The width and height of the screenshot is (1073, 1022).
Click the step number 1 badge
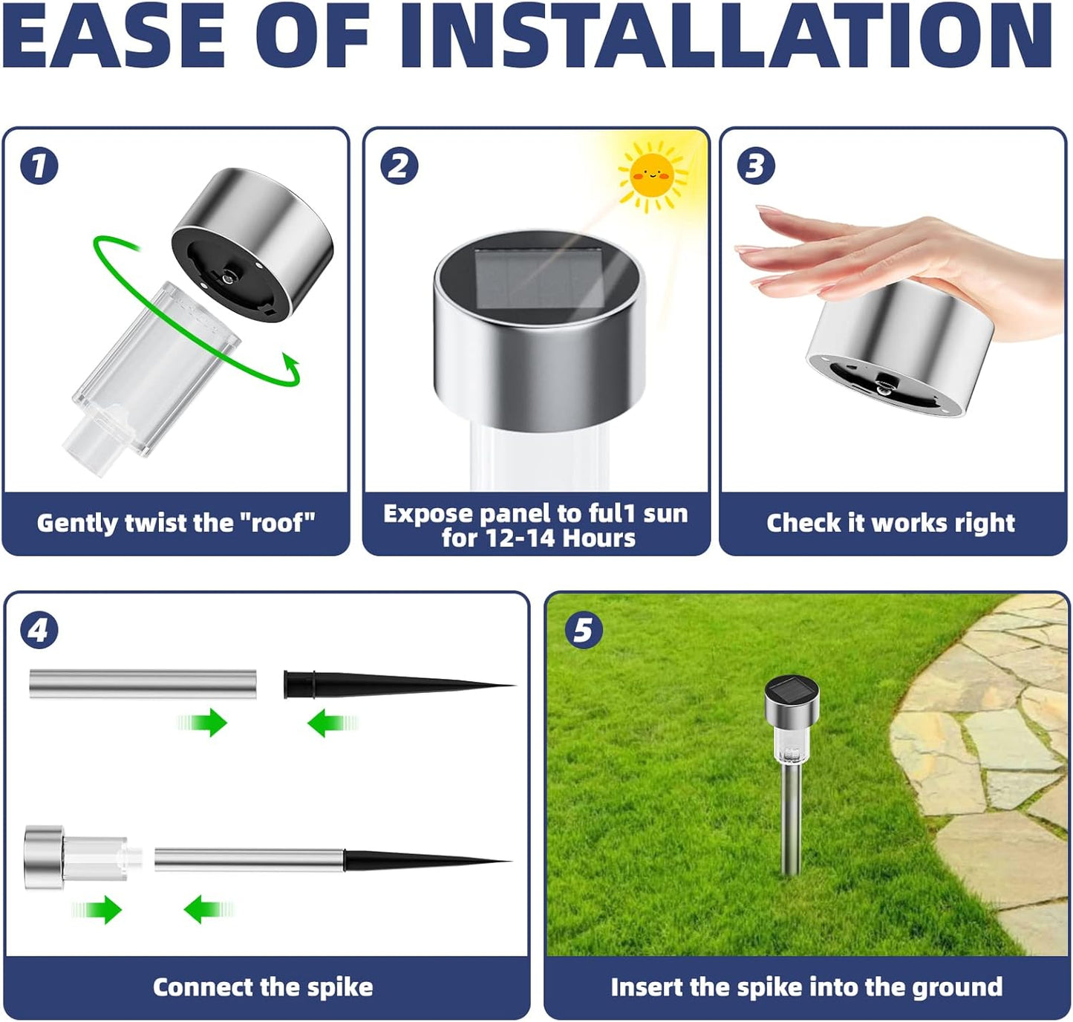click(x=39, y=166)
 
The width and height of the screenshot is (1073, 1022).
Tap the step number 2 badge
click(x=399, y=166)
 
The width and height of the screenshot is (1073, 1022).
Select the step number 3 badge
click(x=756, y=166)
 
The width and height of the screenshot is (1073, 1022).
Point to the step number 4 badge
click(x=39, y=631)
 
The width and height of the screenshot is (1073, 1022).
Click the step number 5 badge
click(x=584, y=631)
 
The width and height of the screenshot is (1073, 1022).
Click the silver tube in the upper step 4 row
click(x=143, y=683)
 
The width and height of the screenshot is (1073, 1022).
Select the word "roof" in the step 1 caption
click(x=277, y=523)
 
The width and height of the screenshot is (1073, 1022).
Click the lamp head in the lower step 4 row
click(x=45, y=858)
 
